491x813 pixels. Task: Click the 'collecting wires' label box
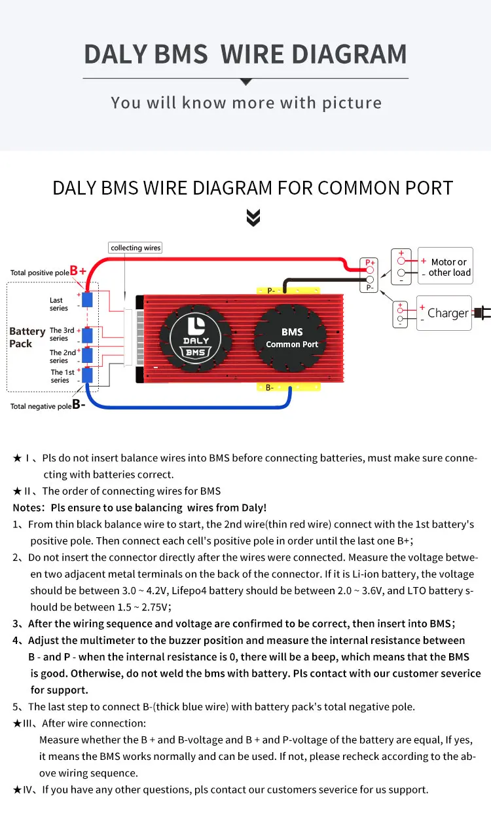[x=136, y=248]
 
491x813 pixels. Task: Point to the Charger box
[x=444, y=313]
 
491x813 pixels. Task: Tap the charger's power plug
[x=482, y=312]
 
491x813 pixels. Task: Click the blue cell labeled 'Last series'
[x=87, y=300]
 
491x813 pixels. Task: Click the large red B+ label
[x=78, y=271]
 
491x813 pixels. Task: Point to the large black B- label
[x=79, y=405]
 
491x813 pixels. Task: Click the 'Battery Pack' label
[x=27, y=337]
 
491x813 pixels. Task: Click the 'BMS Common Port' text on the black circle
[x=292, y=338]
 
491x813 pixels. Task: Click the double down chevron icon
[x=253, y=218]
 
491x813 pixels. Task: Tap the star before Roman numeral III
[x=17, y=723]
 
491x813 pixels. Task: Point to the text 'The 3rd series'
[x=62, y=334]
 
